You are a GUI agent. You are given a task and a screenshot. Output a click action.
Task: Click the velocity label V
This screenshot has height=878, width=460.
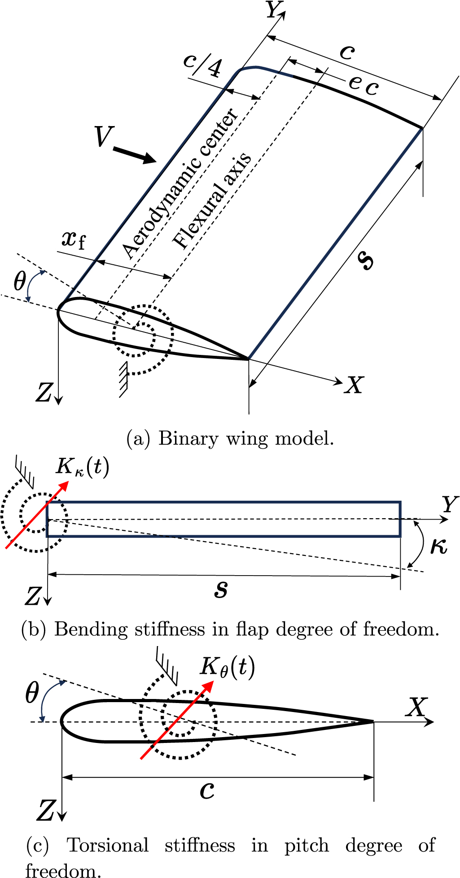click(103, 136)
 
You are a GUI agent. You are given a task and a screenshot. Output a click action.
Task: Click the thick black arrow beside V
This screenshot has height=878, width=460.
click(134, 154)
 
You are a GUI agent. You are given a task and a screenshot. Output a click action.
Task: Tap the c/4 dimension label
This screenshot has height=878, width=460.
click(203, 66)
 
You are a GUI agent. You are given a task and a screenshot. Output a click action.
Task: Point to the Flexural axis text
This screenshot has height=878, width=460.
click(212, 201)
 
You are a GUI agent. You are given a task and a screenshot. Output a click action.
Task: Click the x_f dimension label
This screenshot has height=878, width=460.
click(73, 239)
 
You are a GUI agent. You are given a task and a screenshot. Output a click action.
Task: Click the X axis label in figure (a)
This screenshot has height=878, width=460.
click(354, 385)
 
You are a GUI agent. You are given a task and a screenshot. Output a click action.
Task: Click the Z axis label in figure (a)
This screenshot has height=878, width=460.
click(44, 393)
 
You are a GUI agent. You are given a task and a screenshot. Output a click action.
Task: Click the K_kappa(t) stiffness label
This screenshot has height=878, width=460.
click(82, 467)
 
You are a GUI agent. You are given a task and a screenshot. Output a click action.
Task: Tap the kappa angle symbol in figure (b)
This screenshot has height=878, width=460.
click(438, 546)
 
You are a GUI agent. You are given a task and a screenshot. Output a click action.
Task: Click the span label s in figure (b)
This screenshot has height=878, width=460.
click(221, 589)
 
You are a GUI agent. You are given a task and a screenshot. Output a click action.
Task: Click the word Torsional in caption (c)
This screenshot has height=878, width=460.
click(108, 845)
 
